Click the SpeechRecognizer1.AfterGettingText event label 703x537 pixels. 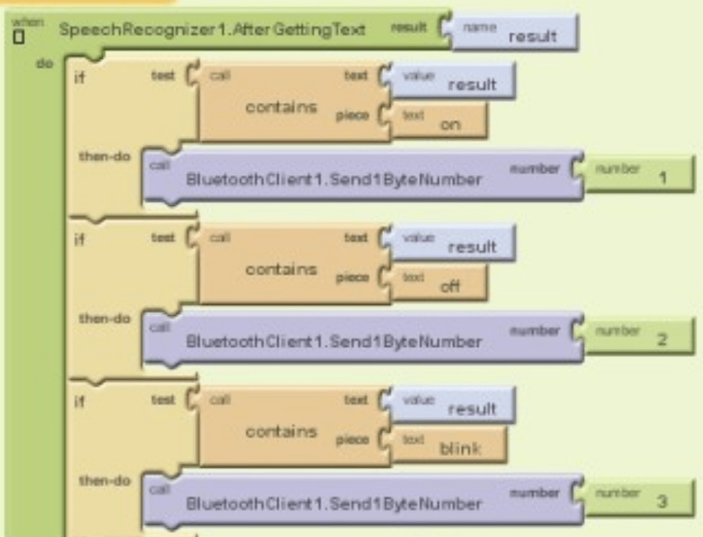coord(212,30)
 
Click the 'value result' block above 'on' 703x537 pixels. coord(454,80)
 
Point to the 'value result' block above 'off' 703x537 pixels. coord(454,243)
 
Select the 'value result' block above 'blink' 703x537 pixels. coord(454,405)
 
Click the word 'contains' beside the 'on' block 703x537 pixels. coord(281,107)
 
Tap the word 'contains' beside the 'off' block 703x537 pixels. coord(281,269)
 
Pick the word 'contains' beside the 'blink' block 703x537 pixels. coord(281,431)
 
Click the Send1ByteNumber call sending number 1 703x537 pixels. coord(334,179)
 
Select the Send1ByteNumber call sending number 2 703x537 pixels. coord(334,341)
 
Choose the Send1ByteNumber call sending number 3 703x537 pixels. coord(334,503)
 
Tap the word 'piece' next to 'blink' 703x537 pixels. coord(352,439)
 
